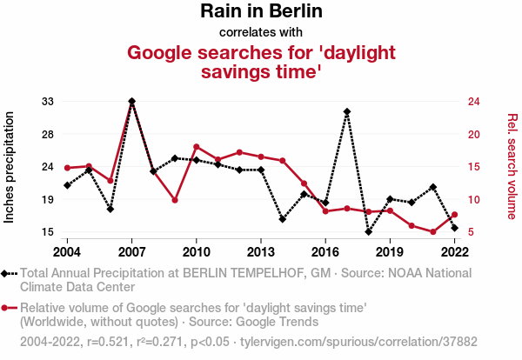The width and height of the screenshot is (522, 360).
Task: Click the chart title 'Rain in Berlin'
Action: [261, 11]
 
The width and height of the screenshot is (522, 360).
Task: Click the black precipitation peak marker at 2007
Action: [131, 102]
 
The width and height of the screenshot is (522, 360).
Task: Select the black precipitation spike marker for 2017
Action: [347, 112]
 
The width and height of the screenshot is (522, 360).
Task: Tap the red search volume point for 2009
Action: [175, 200]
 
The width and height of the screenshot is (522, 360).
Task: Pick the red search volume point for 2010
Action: [197, 146]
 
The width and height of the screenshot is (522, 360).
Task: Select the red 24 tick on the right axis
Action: [473, 102]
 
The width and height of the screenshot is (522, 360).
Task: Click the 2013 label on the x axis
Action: [261, 252]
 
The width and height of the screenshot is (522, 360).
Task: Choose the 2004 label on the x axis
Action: [67, 252]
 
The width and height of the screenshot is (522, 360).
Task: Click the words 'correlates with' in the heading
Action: [261, 33]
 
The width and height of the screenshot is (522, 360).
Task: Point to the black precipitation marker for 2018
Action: [369, 232]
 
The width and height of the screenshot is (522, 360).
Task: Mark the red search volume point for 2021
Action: [433, 232]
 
